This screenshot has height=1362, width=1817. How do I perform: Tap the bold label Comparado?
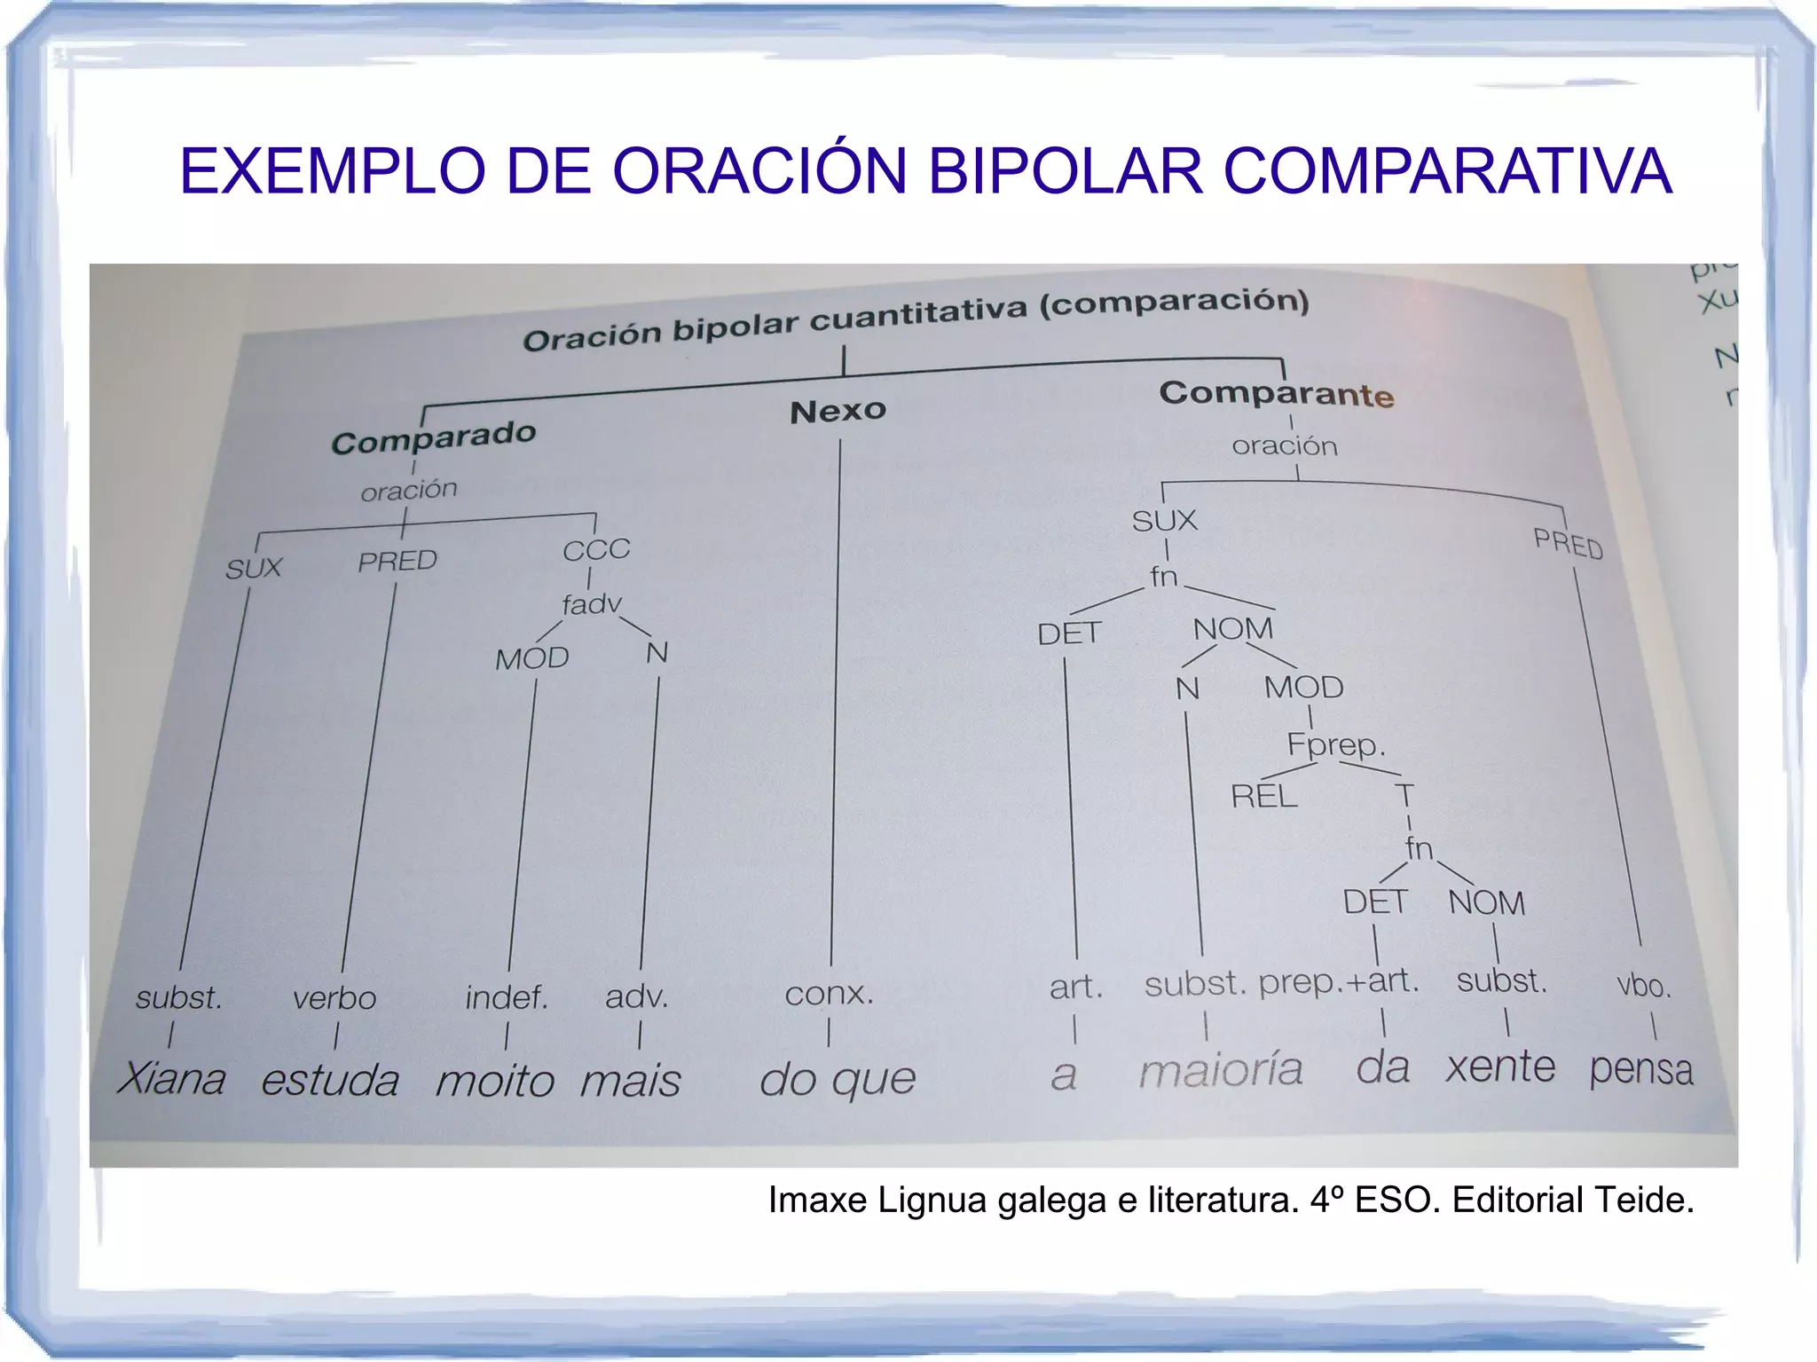click(x=434, y=437)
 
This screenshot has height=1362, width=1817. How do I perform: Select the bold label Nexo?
click(x=838, y=411)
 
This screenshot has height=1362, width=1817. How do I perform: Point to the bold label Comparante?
click(x=1276, y=393)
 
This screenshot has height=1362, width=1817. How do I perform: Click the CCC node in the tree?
click(x=596, y=550)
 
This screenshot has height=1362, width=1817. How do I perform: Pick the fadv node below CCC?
click(x=592, y=605)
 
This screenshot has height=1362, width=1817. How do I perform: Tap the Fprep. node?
click(x=1335, y=744)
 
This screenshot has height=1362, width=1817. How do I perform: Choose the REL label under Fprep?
click(x=1263, y=796)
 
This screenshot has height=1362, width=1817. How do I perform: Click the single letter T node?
click(x=1404, y=795)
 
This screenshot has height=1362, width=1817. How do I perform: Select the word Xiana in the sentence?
click(x=171, y=1079)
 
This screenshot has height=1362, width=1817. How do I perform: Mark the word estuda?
click(x=330, y=1080)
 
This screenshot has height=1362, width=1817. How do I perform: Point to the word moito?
click(x=495, y=1082)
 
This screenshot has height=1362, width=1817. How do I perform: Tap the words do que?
click(x=838, y=1079)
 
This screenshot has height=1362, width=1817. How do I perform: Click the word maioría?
click(x=1221, y=1070)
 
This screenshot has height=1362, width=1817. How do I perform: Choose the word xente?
click(x=1500, y=1067)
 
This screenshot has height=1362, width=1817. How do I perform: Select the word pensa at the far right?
click(x=1640, y=1068)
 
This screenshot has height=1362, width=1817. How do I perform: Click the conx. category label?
click(x=829, y=994)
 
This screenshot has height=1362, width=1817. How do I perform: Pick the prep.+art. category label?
click(x=1339, y=981)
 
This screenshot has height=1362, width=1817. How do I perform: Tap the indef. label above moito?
click(x=507, y=998)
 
